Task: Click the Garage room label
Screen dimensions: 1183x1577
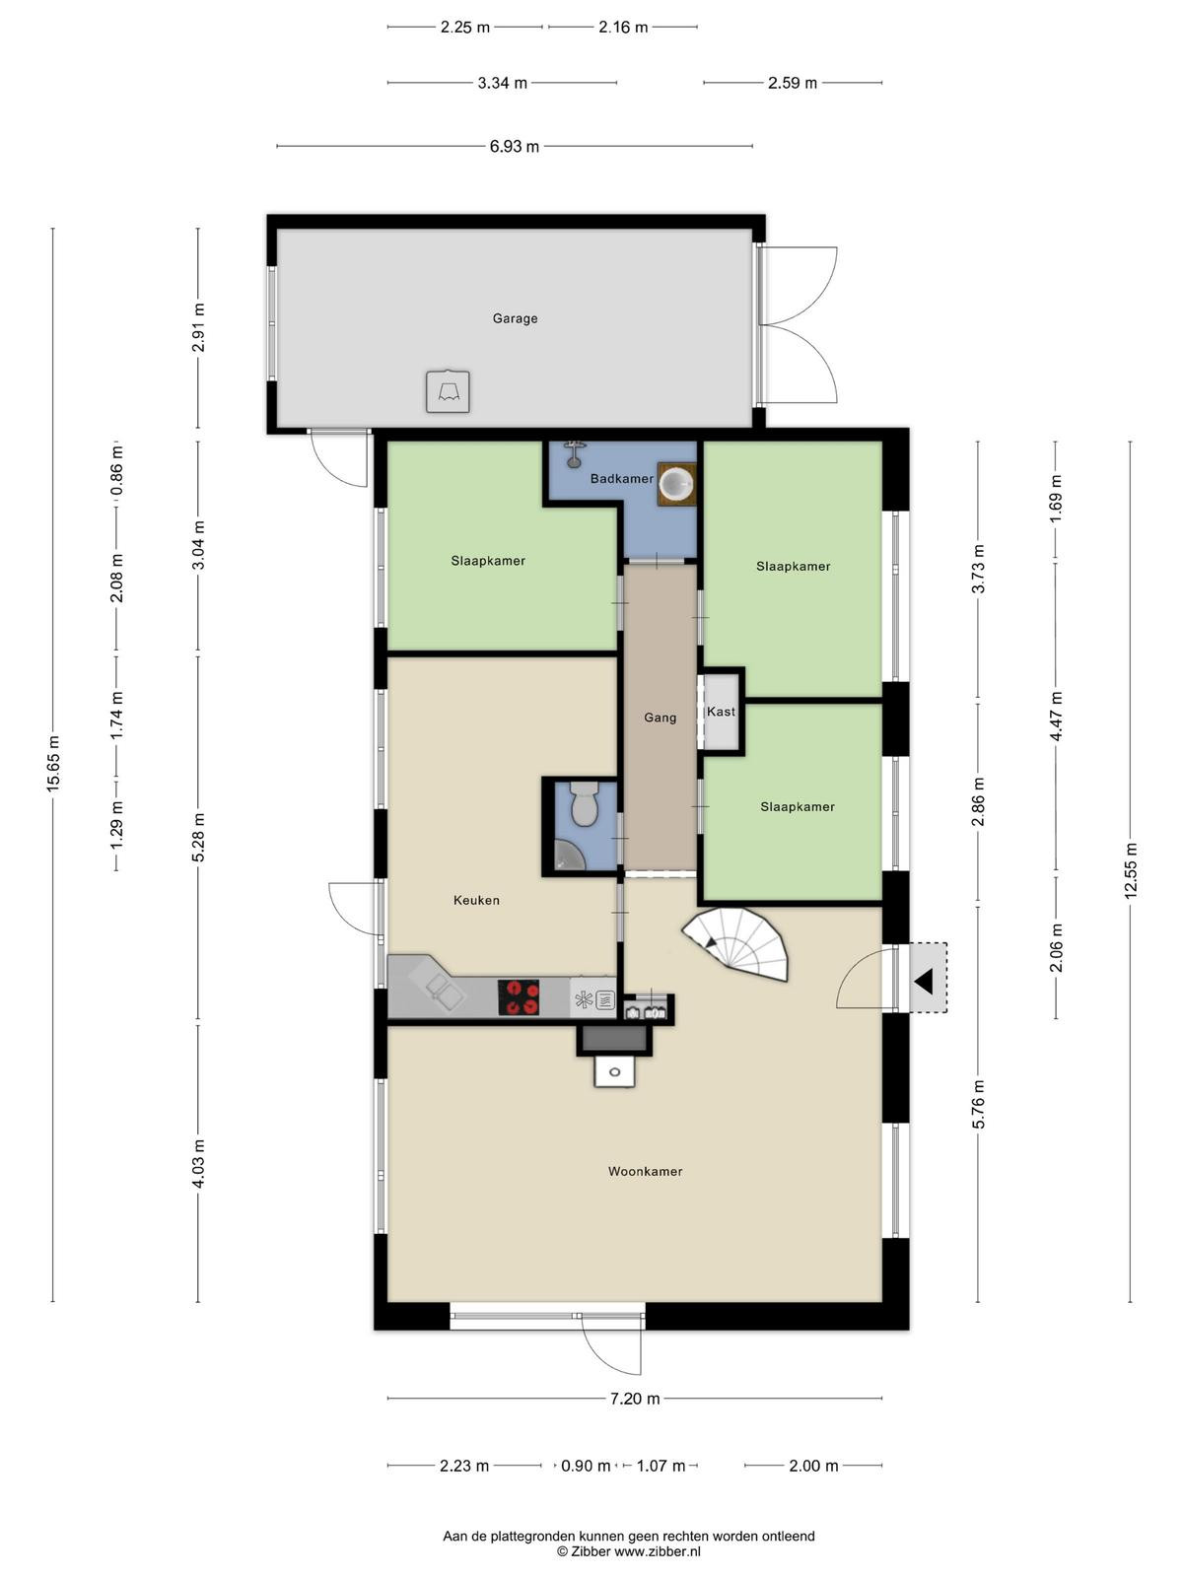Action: tap(515, 318)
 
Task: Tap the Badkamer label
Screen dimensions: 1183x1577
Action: tap(621, 478)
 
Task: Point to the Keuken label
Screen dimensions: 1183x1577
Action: tap(476, 900)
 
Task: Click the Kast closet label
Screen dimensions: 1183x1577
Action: tap(721, 712)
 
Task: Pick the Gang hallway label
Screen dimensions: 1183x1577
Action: tap(660, 718)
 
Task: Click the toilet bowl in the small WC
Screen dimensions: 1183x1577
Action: tap(584, 804)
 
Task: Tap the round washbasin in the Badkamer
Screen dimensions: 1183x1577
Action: tap(676, 484)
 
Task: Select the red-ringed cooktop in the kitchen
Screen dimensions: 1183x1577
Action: tap(519, 997)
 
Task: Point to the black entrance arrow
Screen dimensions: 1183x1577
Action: tap(924, 981)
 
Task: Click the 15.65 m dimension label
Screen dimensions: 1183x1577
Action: tap(53, 765)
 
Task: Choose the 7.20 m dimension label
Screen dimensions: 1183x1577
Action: tap(635, 1398)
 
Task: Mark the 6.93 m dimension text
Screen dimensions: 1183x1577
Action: tap(515, 147)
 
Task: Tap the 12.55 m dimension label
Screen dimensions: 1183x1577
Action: tap(1131, 870)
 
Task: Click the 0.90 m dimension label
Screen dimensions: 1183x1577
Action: tap(586, 1466)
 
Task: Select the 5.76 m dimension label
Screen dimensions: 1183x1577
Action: tap(978, 1104)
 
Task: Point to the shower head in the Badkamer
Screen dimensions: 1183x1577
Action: tap(574, 451)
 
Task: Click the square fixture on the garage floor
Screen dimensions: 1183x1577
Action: tap(448, 391)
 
